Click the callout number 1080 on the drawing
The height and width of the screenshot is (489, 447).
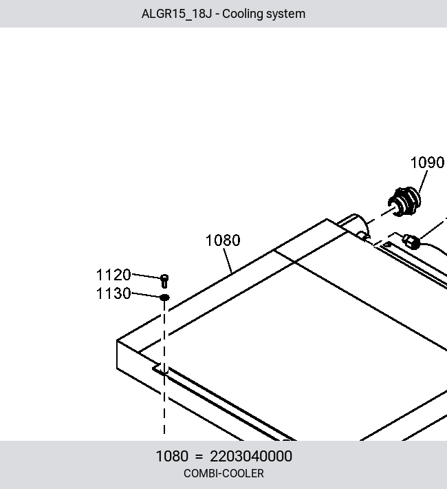click(223, 240)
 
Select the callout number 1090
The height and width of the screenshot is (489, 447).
click(427, 163)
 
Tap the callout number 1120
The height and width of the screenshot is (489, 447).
click(113, 275)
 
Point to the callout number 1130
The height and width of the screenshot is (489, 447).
click(113, 293)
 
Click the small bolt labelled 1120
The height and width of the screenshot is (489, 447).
click(164, 281)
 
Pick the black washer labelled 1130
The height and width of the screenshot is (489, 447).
click(164, 298)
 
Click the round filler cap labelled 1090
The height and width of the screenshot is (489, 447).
click(404, 202)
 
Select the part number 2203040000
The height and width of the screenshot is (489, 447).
click(251, 456)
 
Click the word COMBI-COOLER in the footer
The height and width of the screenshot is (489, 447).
click(223, 473)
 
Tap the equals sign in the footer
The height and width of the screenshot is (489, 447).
click(199, 457)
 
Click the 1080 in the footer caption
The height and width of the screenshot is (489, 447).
click(172, 456)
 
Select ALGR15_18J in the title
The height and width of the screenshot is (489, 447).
click(177, 14)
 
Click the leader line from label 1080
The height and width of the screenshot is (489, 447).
click(228, 260)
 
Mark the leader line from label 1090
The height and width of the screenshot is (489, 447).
click(424, 180)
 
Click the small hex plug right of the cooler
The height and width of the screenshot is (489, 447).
click(411, 242)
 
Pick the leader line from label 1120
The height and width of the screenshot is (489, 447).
click(146, 275)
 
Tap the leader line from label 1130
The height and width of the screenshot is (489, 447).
click(146, 295)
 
